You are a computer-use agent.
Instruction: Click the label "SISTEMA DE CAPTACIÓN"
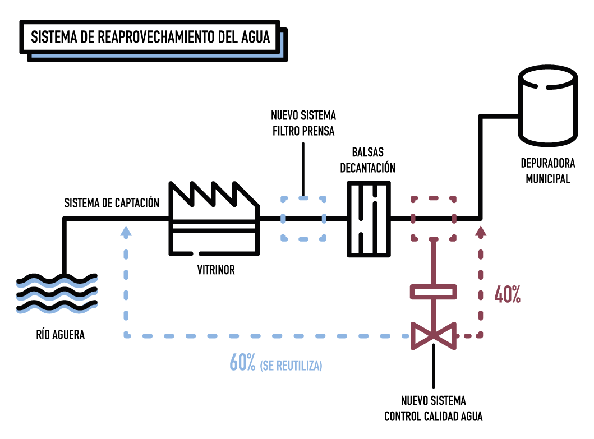pos(112,202)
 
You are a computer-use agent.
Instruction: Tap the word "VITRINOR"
pos(216,270)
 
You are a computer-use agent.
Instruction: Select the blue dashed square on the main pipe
pos(303,218)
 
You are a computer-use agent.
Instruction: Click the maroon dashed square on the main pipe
pos(434,218)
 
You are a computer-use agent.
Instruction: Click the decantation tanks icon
pos(369,219)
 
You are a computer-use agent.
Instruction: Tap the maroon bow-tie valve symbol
pos(434,336)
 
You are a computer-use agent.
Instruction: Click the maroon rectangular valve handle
pos(434,292)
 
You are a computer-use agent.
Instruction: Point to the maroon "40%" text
pos(507,295)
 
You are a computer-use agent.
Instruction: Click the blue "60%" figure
pos(242,363)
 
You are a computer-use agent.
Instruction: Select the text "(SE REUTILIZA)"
pos(291,366)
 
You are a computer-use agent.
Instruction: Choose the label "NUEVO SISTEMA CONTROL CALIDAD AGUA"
pos(434,409)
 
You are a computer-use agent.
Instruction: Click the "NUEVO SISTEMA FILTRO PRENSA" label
pos(303,123)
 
